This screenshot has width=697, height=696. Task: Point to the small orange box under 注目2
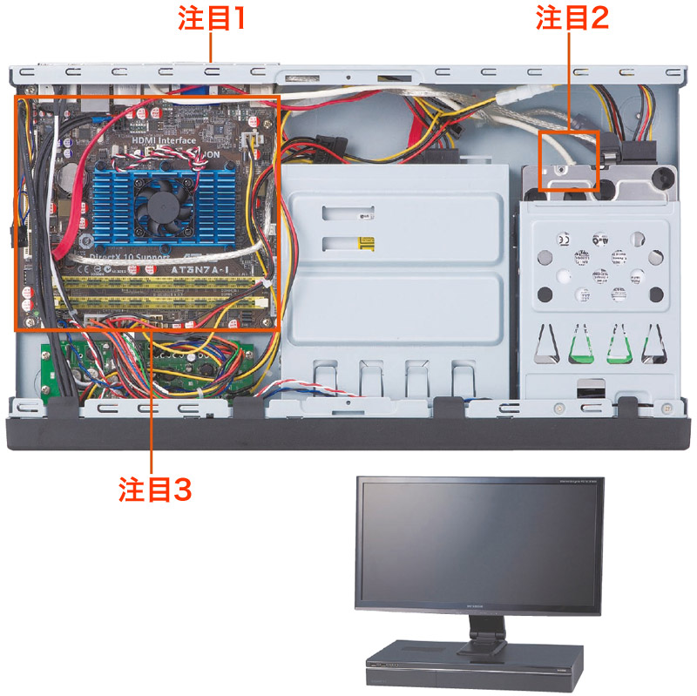(x=569, y=160)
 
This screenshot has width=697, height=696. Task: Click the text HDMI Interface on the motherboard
(x=166, y=139)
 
